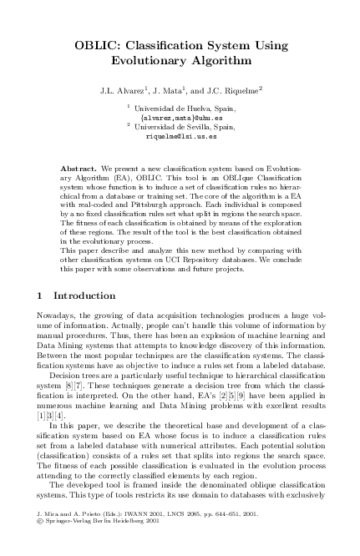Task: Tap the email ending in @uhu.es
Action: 180,118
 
